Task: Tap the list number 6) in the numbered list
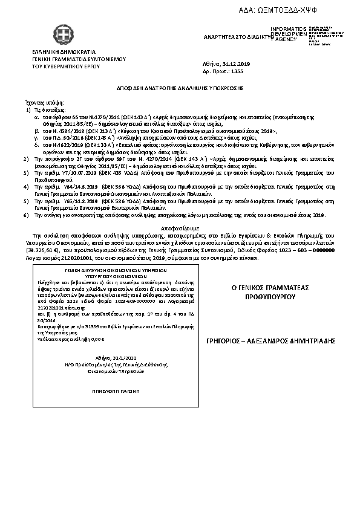point(25,215)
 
